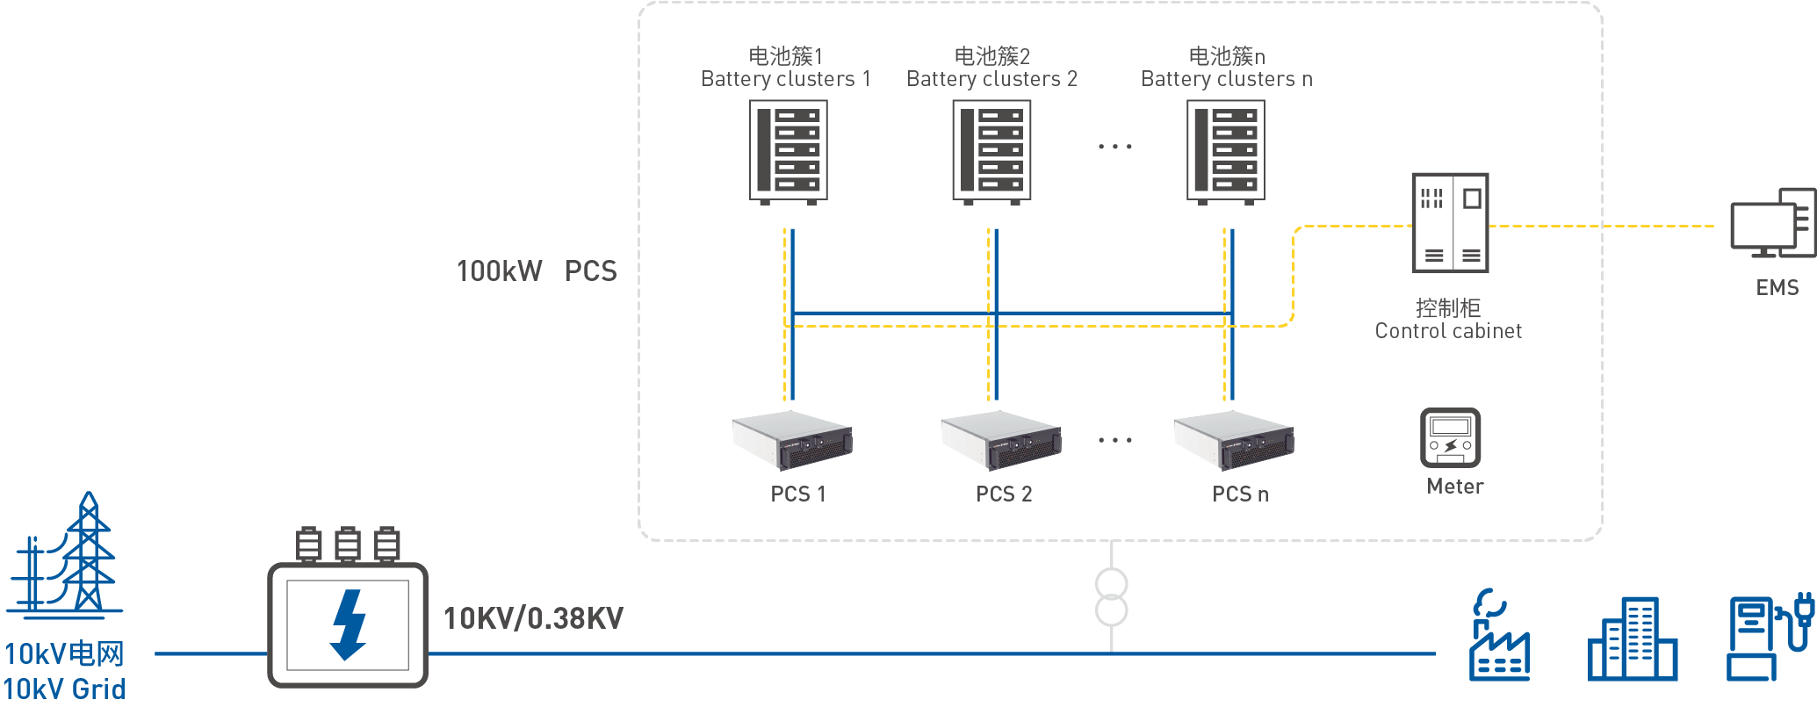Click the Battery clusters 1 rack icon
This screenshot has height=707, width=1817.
[788, 150]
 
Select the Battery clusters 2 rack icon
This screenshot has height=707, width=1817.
[991, 150]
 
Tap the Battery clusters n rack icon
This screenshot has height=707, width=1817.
[1226, 150]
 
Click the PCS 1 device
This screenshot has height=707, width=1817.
[792, 439]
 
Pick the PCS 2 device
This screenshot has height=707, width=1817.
[1001, 439]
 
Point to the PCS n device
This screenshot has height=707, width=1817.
[1234, 439]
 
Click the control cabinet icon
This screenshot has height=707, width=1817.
[1451, 222]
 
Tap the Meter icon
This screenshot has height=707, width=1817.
[1451, 437]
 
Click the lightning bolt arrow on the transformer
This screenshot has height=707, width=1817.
[349, 624]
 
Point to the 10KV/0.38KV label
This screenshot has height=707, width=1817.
[533, 618]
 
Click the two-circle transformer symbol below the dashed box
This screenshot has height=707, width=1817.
[1112, 597]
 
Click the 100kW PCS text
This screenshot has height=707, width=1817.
[536, 271]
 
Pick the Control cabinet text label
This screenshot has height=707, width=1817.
[1448, 331]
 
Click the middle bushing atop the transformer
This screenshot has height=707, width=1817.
[348, 545]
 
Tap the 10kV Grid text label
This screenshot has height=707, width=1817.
[64, 689]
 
